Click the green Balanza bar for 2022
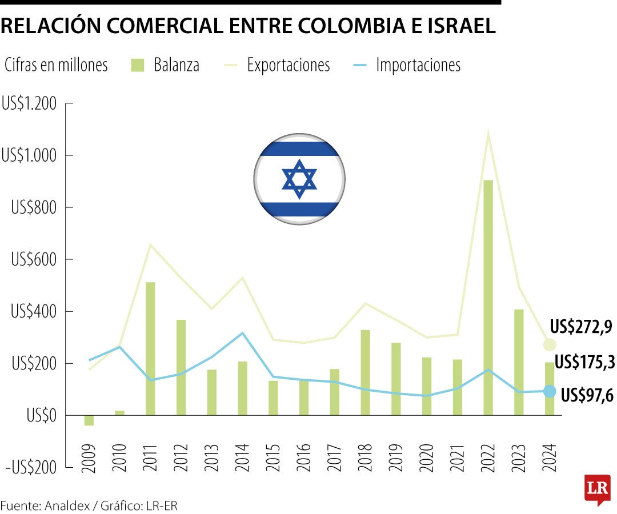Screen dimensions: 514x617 click(488, 297)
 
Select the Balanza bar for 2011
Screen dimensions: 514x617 click(150, 348)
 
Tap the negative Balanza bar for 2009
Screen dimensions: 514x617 click(89, 420)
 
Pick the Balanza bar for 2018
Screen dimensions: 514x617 click(365, 372)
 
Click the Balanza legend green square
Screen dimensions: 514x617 click(137, 65)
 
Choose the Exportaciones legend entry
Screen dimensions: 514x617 click(288, 65)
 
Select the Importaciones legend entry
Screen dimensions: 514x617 click(418, 65)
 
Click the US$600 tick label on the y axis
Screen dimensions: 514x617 click(34, 260)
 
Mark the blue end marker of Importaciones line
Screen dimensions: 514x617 click(550, 391)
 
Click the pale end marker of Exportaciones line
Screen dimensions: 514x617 click(550, 344)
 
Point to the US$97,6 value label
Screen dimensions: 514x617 click(587, 395)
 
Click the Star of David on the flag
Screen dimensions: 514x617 click(299, 179)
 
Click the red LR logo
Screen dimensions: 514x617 click(598, 489)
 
